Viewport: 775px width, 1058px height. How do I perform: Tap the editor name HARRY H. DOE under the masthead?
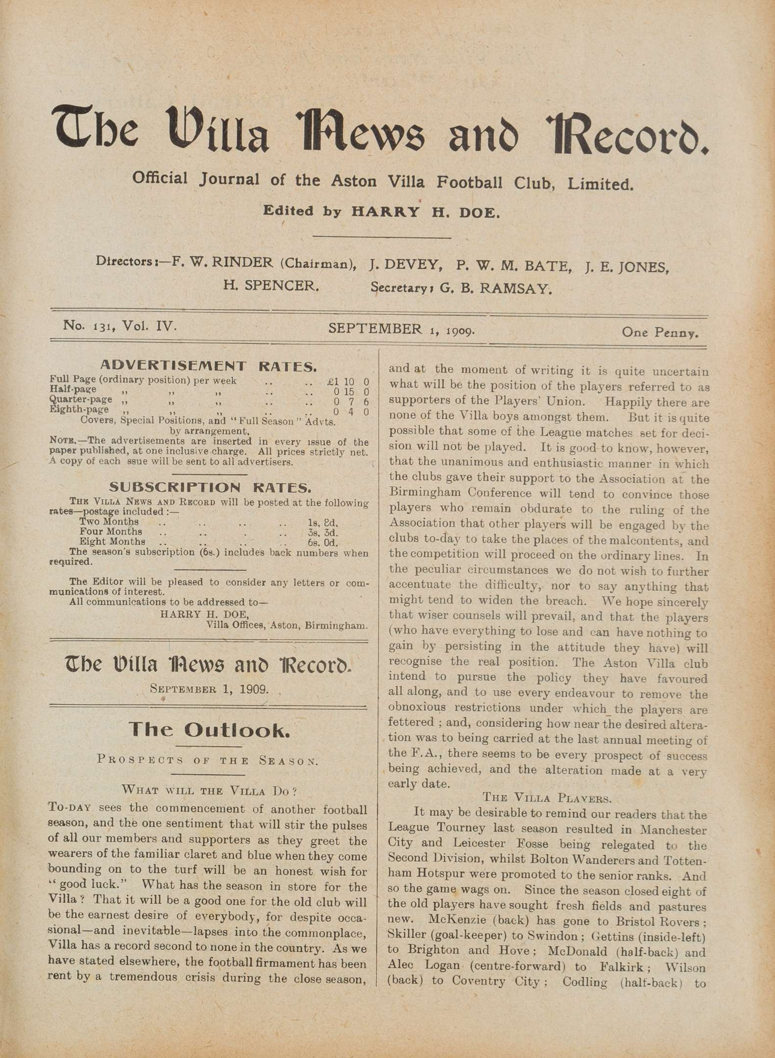425,213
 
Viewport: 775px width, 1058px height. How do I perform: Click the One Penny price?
659,333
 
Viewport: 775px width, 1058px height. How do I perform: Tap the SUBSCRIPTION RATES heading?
210,487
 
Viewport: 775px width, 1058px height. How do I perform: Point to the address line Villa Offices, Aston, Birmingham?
287,625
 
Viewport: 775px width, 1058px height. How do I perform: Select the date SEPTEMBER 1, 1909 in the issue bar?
401,330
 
